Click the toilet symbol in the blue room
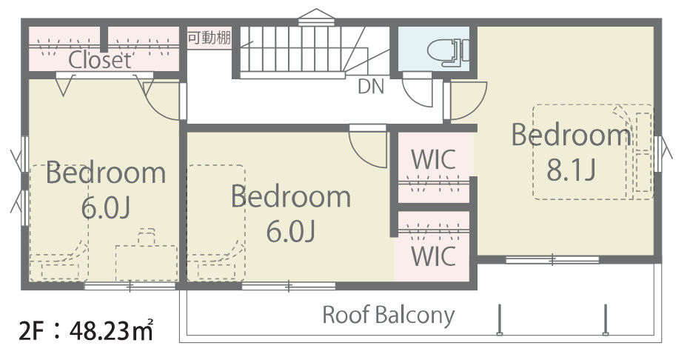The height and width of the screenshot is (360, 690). pyautogui.click(x=448, y=52)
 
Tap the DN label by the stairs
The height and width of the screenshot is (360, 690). pyautogui.click(x=371, y=87)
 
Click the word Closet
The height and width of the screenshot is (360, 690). pyautogui.click(x=100, y=60)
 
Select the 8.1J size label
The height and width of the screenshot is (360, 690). pyautogui.click(x=572, y=170)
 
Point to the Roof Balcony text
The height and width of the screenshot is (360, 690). pyautogui.click(x=389, y=316)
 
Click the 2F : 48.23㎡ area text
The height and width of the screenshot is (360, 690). pyautogui.click(x=86, y=330)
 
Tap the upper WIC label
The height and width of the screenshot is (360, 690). pyautogui.click(x=433, y=159)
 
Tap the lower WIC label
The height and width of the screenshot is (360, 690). pyautogui.click(x=433, y=256)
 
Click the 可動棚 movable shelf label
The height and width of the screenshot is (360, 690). pyautogui.click(x=209, y=38)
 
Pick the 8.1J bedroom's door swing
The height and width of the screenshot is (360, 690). pyautogui.click(x=467, y=101)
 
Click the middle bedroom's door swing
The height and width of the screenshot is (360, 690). pyautogui.click(x=369, y=149)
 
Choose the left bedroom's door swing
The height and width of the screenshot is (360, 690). pyautogui.click(x=162, y=101)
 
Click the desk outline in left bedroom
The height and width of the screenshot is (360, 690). pyautogui.click(x=147, y=263)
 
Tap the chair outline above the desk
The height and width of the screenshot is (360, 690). pyautogui.click(x=147, y=236)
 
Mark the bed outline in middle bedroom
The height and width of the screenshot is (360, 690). pyautogui.click(x=216, y=223)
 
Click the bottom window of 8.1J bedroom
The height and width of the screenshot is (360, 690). pyautogui.click(x=553, y=260)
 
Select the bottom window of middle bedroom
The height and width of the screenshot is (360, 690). pyautogui.click(x=289, y=287)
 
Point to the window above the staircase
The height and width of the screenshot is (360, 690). pyautogui.click(x=316, y=18)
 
